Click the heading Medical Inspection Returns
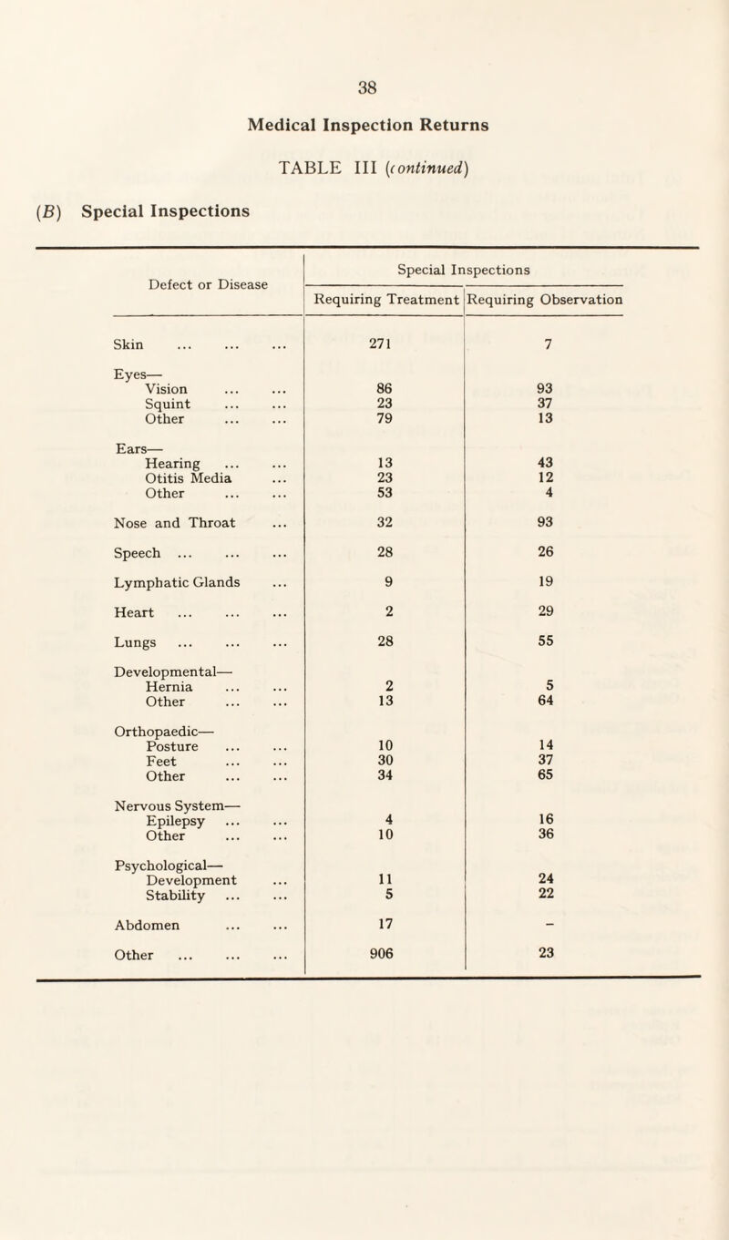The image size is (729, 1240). click(x=367, y=126)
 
